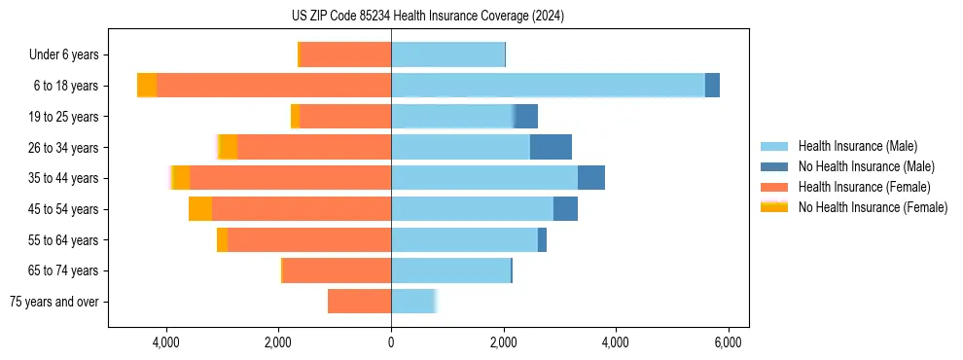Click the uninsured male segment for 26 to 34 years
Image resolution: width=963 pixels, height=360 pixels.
tap(551, 147)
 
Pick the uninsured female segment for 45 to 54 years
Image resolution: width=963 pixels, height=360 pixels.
tap(200, 209)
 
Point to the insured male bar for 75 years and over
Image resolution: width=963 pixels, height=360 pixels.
tap(413, 302)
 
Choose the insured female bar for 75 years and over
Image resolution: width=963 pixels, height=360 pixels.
tap(359, 302)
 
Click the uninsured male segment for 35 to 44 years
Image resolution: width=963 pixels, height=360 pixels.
tap(591, 178)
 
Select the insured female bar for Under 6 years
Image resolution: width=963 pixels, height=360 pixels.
tap(346, 54)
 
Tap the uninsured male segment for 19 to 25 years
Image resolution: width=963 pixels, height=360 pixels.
tap(526, 117)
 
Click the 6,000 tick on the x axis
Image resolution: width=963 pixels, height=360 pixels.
tap(729, 342)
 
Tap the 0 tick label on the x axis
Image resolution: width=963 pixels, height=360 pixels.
tap(391, 342)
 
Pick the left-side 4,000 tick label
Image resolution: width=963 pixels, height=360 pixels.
tap(166, 342)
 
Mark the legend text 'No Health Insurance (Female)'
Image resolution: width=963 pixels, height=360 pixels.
tap(873, 206)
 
